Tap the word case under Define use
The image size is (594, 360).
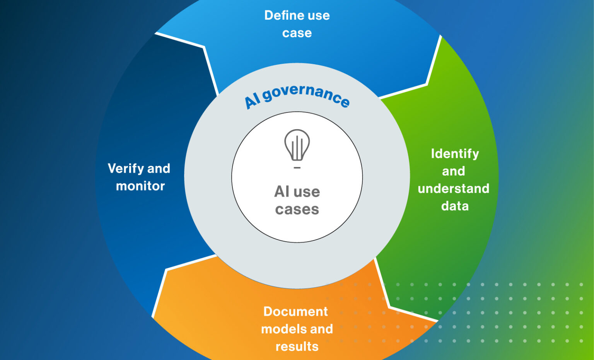[297, 33]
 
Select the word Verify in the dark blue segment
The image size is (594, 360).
[125, 169]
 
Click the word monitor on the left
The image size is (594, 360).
[140, 186]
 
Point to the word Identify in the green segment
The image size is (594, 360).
[455, 154]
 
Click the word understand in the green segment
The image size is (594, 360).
[453, 189]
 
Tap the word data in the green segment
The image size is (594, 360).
[455, 206]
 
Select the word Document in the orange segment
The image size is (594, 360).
[295, 312]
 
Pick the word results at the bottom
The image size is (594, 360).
[297, 346]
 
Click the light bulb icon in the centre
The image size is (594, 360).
[297, 145]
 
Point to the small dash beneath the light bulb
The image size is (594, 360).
[297, 168]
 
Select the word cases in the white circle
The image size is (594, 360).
[297, 210]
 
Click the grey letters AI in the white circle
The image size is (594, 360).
[282, 192]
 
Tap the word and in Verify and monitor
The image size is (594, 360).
[159, 169]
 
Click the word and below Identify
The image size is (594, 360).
[453, 171]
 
